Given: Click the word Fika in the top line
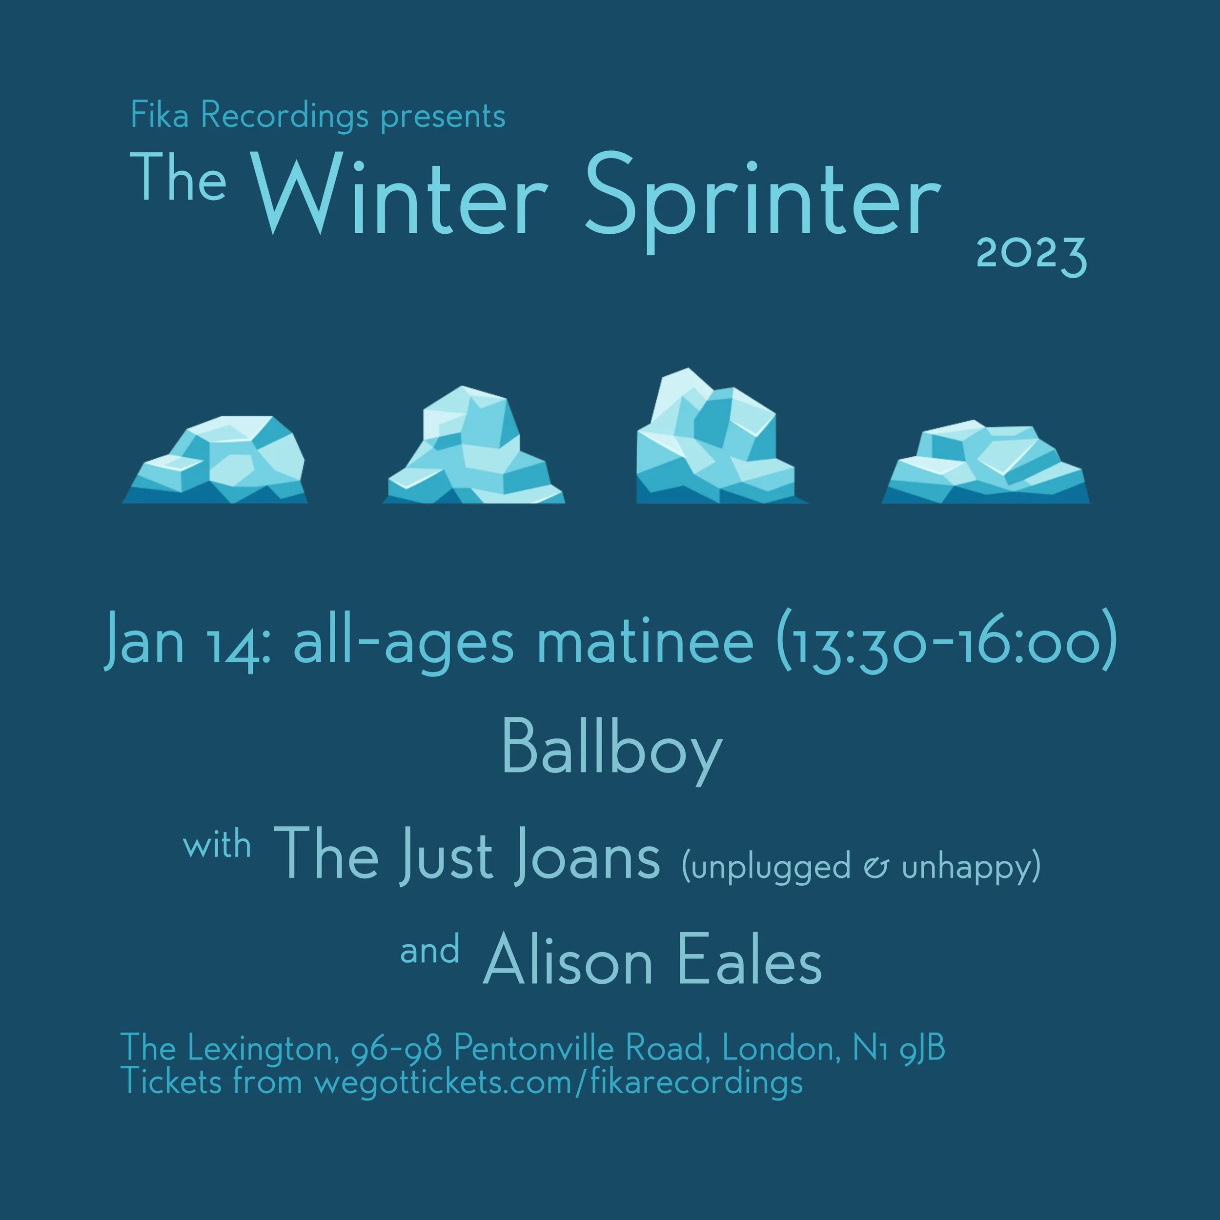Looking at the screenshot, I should [x=159, y=116].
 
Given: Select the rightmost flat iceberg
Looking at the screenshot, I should [x=985, y=464].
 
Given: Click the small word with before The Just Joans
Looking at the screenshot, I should [x=217, y=846].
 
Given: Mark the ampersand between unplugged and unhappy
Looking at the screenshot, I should [x=876, y=868].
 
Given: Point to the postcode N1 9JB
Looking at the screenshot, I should [x=898, y=1049].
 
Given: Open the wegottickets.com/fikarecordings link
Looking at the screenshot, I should [x=558, y=1082].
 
